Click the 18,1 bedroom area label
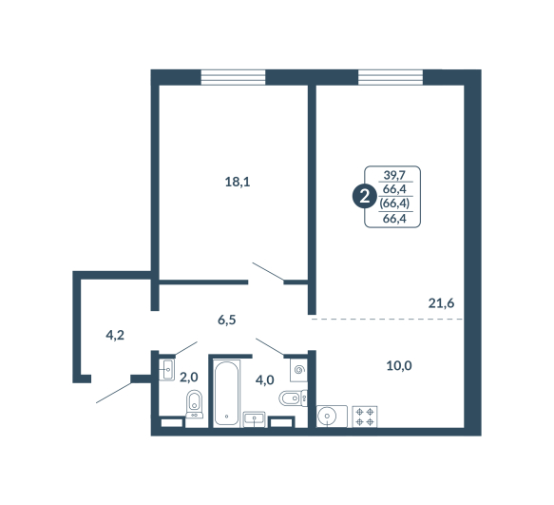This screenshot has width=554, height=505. click(x=238, y=183)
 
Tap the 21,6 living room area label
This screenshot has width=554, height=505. click(x=441, y=303)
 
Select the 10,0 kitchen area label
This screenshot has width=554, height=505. click(x=399, y=365)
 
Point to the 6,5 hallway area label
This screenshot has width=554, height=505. click(x=227, y=320)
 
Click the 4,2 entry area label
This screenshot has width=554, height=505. click(x=115, y=335)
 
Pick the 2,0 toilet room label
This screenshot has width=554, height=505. click(x=189, y=378)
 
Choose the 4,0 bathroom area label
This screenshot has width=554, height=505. click(x=264, y=380)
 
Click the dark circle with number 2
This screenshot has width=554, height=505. click(x=364, y=196)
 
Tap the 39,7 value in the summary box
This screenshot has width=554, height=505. click(x=394, y=175)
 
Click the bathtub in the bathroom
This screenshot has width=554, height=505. click(x=226, y=393)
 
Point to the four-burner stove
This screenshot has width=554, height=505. click(x=365, y=417)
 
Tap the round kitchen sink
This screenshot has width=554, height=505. click(x=328, y=417)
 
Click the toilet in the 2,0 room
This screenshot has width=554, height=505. click(x=194, y=404)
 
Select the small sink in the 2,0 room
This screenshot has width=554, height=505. click(x=166, y=370)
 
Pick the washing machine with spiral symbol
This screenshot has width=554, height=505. click(x=299, y=370)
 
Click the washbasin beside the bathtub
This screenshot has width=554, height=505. click(x=255, y=419)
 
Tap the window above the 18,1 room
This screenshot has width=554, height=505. click(x=233, y=77)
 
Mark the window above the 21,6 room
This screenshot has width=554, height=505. click(x=391, y=77)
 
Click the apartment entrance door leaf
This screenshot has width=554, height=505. click(x=114, y=393)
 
